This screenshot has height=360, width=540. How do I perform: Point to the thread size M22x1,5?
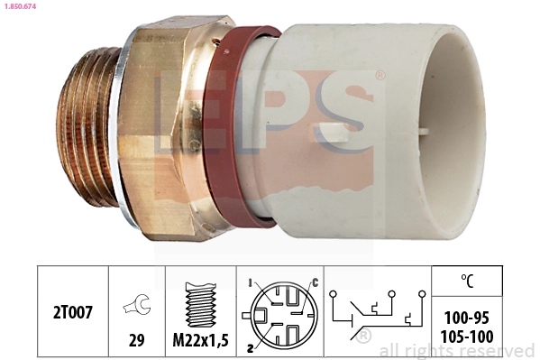(x=200, y=341)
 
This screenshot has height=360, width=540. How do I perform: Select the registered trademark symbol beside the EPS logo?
(x=379, y=77)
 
